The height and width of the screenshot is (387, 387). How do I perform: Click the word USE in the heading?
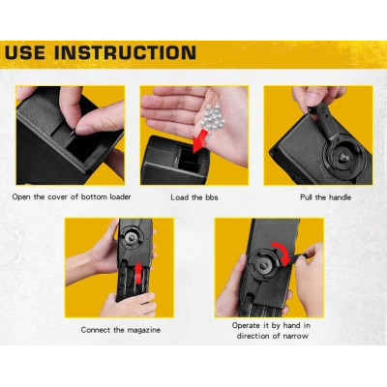tap(25, 53)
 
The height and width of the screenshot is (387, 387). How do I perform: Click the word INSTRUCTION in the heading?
tap(125, 53)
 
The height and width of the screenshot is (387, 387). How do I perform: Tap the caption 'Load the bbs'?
tap(194, 197)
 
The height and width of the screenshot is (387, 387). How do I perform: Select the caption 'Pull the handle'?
tap(325, 197)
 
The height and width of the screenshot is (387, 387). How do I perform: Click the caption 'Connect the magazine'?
tap(121, 330)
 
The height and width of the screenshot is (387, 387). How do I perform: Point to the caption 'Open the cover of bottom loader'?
tap(72, 197)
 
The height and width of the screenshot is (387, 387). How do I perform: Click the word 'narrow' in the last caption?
tap(295, 336)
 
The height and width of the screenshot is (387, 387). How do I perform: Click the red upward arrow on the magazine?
tap(138, 273)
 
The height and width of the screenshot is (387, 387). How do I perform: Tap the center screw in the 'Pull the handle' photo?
tap(343, 158)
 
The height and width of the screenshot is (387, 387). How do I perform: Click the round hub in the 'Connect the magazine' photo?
tap(132, 238)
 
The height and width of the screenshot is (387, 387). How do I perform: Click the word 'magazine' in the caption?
tap(143, 330)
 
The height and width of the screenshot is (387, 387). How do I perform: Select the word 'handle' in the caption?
tap(340, 197)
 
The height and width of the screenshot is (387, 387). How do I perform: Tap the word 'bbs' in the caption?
tap(211, 197)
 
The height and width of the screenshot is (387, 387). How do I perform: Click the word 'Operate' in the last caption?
tap(246, 326)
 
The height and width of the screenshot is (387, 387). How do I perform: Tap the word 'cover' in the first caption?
tap(58, 197)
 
